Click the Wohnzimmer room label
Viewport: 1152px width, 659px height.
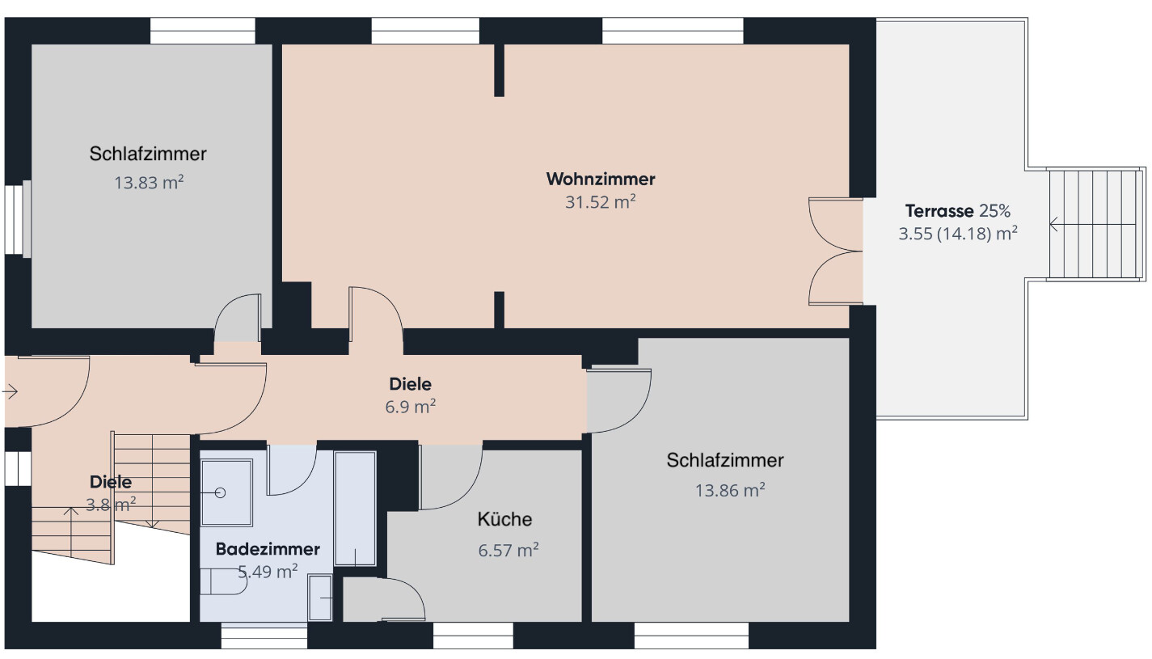(x=600, y=179)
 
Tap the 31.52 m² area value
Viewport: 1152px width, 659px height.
(x=600, y=201)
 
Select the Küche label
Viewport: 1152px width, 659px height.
(x=504, y=519)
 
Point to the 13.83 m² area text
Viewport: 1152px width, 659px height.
(x=149, y=182)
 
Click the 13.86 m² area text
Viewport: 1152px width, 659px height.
(x=730, y=490)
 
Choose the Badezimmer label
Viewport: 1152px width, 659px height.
(x=268, y=549)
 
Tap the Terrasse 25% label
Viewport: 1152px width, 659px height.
(x=958, y=211)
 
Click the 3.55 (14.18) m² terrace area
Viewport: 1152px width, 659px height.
(x=958, y=234)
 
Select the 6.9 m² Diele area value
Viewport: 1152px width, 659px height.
(x=411, y=407)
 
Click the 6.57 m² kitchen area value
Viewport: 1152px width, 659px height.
(x=508, y=550)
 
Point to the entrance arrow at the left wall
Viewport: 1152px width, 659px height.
(x=11, y=392)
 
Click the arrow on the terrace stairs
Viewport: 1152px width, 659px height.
(x=1092, y=225)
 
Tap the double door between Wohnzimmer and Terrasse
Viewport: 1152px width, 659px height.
(x=836, y=251)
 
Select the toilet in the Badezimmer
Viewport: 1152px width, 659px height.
(x=223, y=582)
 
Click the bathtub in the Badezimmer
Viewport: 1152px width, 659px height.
(x=355, y=509)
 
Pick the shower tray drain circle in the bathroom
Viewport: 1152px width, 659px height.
(x=220, y=493)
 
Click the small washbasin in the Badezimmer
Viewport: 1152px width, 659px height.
(x=320, y=598)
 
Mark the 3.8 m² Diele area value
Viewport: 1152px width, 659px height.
(x=111, y=505)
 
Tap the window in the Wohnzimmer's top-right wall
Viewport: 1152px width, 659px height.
(x=673, y=31)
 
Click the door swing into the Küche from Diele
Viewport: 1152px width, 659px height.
(x=451, y=477)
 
